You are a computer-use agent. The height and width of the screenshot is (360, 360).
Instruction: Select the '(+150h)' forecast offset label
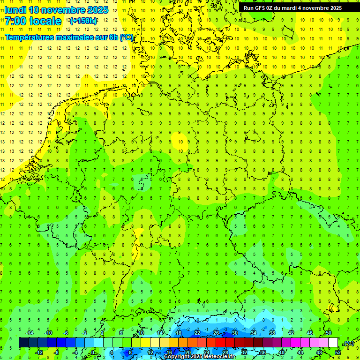[83, 21]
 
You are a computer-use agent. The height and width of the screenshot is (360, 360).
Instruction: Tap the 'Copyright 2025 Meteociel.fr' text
[199, 357]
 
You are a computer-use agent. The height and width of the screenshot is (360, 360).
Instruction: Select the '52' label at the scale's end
[338, 352]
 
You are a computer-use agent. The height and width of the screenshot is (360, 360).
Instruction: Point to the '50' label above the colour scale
[328, 333]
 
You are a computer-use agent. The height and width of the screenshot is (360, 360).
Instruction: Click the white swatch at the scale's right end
[333, 343]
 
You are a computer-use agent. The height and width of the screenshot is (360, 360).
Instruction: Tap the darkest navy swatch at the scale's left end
[23, 343]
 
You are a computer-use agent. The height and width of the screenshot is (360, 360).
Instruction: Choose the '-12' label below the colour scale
[39, 352]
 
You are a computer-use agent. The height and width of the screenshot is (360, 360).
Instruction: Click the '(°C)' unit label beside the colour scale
[349, 343]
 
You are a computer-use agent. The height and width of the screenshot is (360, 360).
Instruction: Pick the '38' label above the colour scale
[272, 333]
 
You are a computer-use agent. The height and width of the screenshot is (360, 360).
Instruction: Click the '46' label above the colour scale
[309, 333]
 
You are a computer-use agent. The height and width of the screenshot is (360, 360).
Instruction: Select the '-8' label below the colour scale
[57, 352]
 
